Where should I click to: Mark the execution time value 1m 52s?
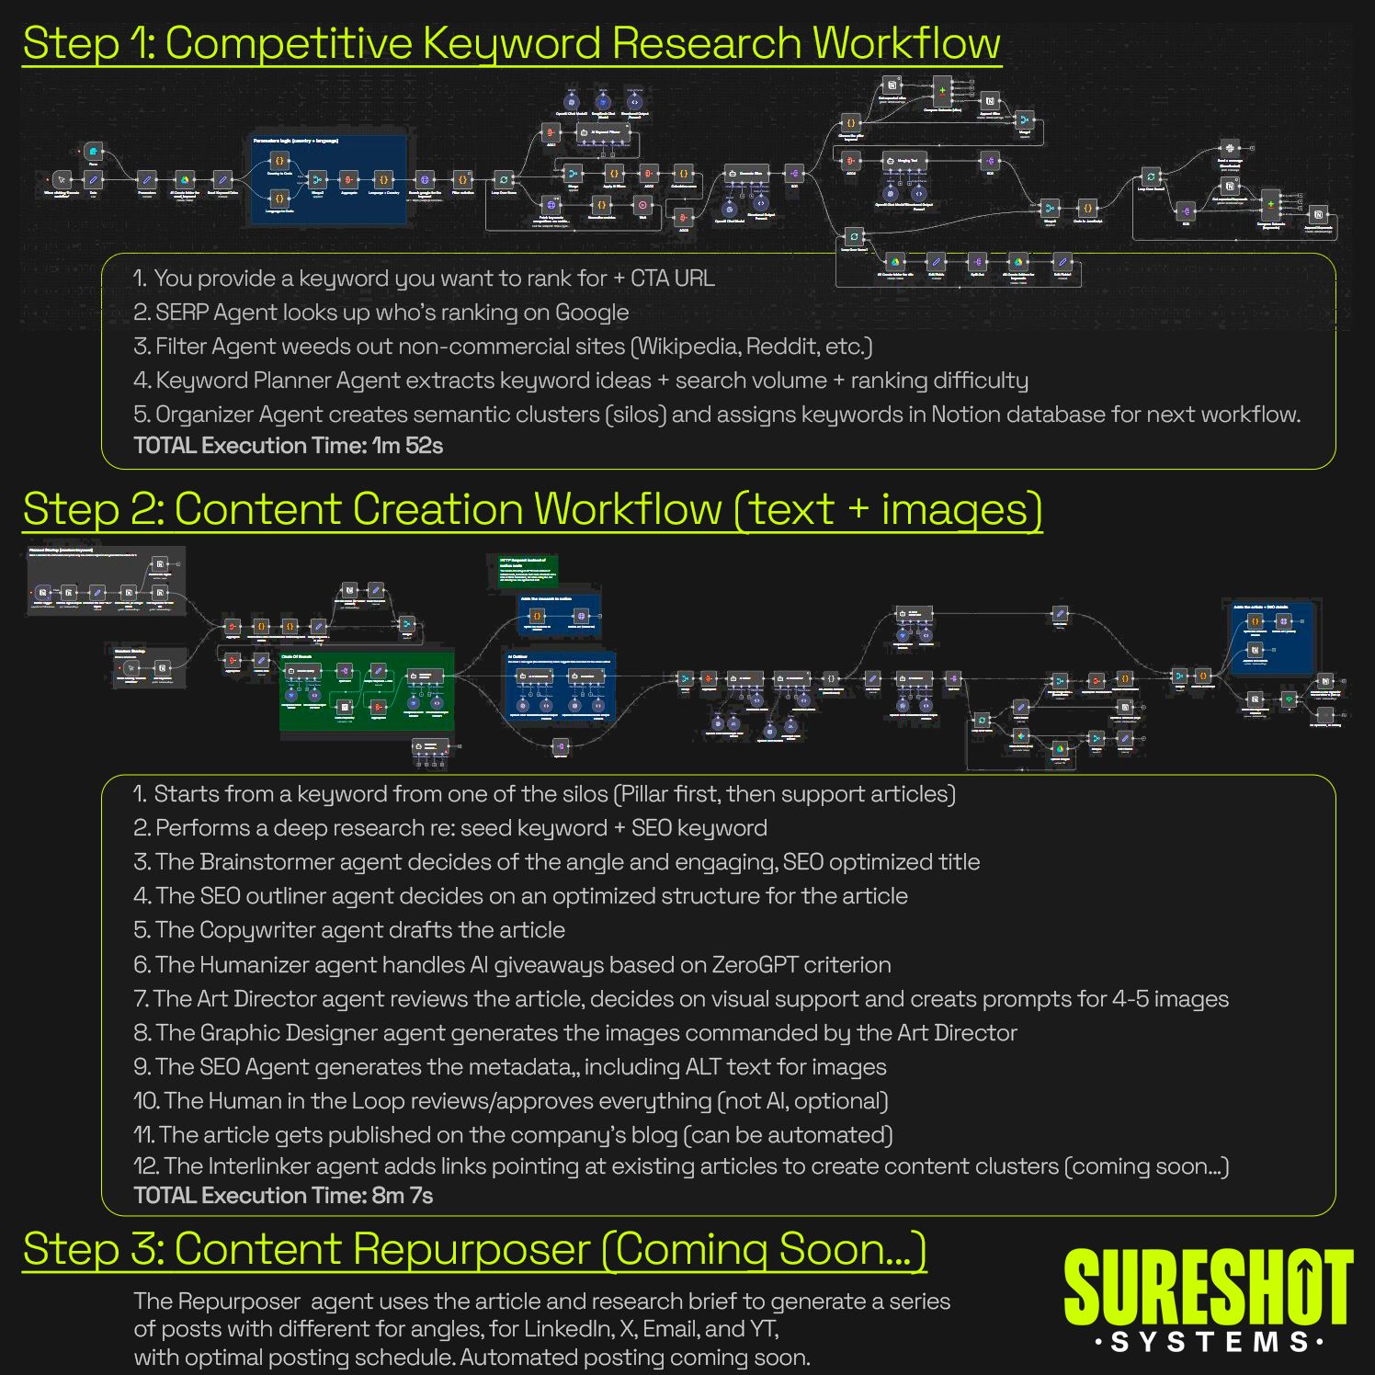(407, 446)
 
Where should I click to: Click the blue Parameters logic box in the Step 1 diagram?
(328, 180)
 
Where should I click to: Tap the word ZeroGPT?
(756, 965)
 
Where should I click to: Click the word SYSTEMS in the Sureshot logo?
(1209, 1343)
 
